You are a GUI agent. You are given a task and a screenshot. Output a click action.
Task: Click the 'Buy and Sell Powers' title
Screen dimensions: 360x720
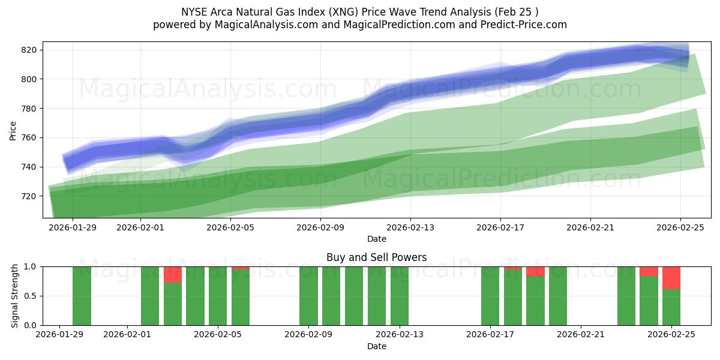(x=377, y=257)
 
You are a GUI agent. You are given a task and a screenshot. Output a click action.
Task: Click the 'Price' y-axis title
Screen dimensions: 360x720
(x=13, y=130)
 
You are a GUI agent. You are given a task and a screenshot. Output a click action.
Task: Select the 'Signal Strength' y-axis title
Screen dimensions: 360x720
(x=15, y=296)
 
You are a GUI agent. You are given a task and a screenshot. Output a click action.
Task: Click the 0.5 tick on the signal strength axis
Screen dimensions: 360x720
(x=30, y=296)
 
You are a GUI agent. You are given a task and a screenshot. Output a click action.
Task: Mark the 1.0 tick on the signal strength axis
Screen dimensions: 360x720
(x=30, y=266)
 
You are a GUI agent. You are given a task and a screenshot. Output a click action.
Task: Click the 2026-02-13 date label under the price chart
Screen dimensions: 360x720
(x=410, y=227)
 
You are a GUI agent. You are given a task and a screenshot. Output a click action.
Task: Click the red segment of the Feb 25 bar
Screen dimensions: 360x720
(x=671, y=278)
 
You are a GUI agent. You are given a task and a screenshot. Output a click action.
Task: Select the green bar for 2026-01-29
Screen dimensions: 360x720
(x=82, y=296)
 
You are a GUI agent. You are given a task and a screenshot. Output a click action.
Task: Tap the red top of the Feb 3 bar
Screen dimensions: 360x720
(x=173, y=275)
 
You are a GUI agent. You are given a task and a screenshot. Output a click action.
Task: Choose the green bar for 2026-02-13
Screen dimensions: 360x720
(x=400, y=296)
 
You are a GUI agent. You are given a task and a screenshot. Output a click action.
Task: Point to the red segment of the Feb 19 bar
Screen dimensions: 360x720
(x=535, y=271)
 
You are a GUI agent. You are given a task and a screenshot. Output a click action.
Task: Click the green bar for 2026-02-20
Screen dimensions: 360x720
(x=558, y=296)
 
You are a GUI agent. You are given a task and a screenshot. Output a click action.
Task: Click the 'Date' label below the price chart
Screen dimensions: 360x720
(x=377, y=239)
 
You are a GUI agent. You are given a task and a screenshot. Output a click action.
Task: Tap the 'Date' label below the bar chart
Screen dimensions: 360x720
(x=377, y=346)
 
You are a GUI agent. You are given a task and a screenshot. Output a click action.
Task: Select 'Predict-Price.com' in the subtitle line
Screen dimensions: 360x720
(x=526, y=25)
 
